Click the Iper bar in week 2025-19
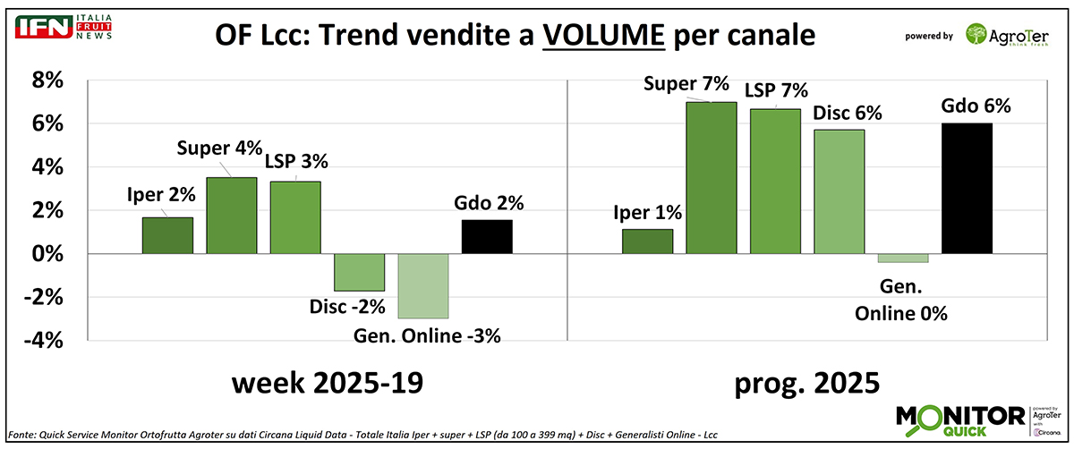[x=167, y=236]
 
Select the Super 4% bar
[x=232, y=216]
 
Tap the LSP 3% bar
[x=295, y=218]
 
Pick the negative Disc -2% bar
[x=360, y=272]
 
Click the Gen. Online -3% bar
[x=423, y=286]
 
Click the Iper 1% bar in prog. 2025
[x=647, y=241]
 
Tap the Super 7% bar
[x=711, y=178]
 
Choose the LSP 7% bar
[x=775, y=182]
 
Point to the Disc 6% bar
[x=839, y=192]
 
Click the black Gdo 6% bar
[x=967, y=189]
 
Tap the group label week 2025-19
[x=327, y=385]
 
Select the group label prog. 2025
[x=805, y=385]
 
